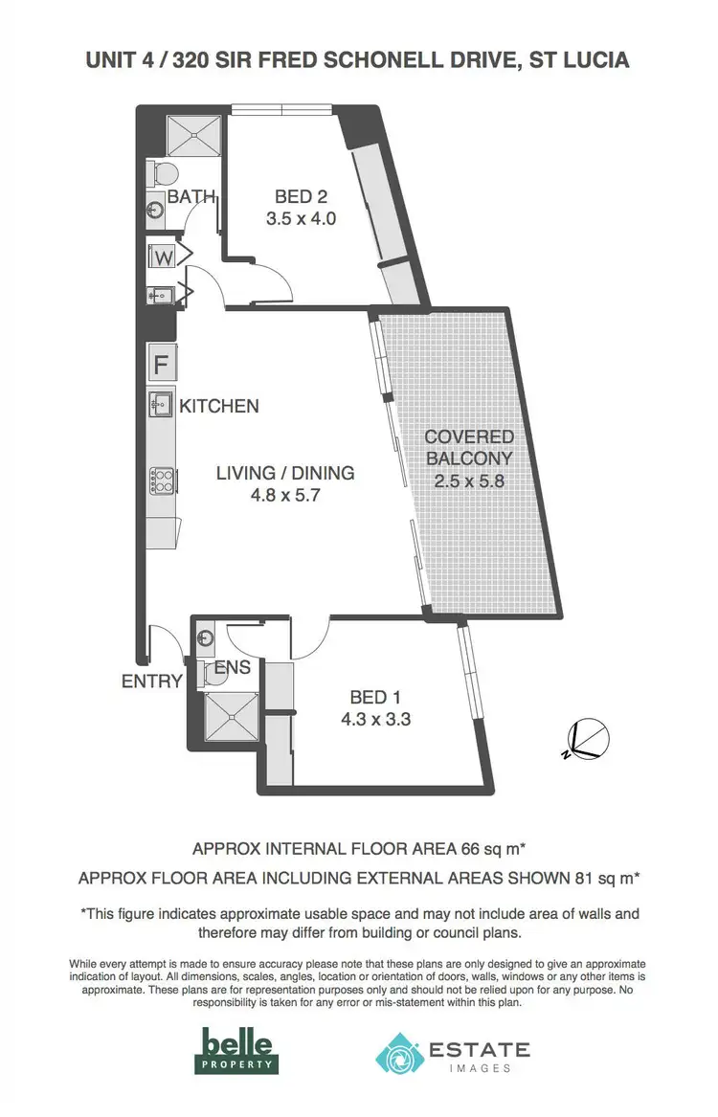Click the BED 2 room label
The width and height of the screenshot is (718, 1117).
coord(301,196)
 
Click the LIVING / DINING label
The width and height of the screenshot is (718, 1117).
coord(284,473)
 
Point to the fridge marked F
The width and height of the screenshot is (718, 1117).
coord(161,365)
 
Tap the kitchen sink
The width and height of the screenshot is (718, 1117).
coord(159,403)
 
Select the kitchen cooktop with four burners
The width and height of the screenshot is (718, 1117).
coord(159,480)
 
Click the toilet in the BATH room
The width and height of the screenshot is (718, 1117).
coord(163,173)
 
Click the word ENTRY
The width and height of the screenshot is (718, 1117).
coord(151,681)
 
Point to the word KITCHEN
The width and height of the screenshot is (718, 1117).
coord(219,406)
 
